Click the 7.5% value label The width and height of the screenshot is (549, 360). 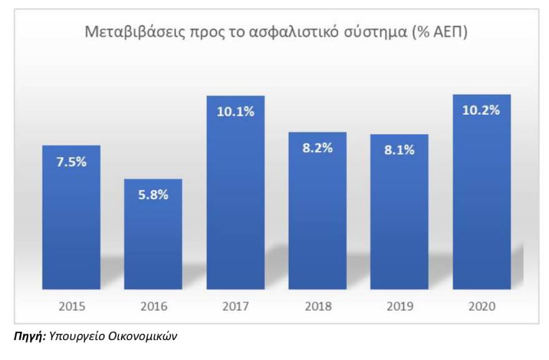pos(70,162)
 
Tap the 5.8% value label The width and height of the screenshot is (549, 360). pos(153,194)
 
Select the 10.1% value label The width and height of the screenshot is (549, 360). pos(235,112)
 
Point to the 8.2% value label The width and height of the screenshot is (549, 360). pos(318,148)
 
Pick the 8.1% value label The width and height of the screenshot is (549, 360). pos(399,150)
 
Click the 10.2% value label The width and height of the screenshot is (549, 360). pos(482,111)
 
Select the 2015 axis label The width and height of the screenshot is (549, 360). pos(70,306)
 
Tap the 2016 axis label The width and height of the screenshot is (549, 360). pos(153,306)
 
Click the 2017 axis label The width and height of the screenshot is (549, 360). pos(235,306)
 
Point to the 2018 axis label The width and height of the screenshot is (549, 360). pos(318,306)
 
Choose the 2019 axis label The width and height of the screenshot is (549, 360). pos(399,306)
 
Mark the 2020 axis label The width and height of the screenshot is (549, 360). pos(482,306)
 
